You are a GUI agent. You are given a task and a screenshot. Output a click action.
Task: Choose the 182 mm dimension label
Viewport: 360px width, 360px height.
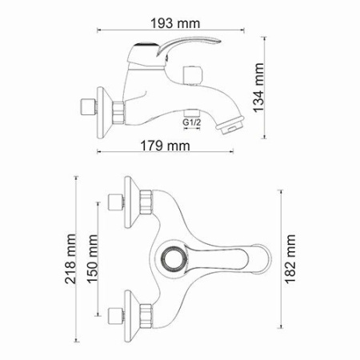point(289,254)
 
